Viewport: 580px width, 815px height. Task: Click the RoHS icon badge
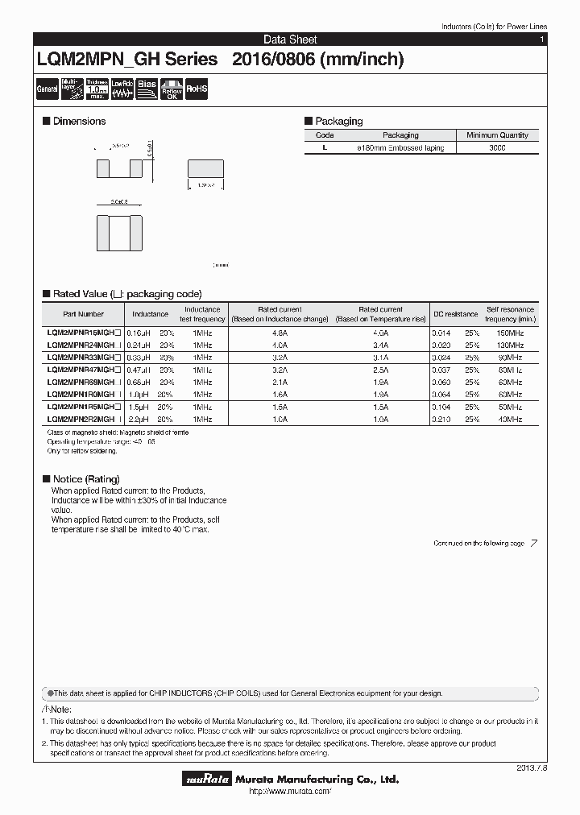(197, 89)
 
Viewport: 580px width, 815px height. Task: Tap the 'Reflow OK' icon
(172, 89)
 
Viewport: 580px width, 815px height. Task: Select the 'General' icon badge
(47, 89)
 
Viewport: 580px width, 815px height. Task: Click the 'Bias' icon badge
(147, 89)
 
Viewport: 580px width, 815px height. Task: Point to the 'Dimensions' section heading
(79, 121)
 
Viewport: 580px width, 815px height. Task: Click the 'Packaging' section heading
(338, 121)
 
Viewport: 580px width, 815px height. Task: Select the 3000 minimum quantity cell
(497, 148)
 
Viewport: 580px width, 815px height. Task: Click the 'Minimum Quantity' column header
(497, 135)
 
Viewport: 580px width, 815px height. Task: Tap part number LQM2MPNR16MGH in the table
(84, 333)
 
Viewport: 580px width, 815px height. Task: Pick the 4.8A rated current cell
(280, 333)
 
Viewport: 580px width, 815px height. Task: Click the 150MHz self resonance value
(510, 333)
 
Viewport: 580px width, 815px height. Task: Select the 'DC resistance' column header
(455, 314)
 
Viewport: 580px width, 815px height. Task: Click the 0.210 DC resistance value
(441, 420)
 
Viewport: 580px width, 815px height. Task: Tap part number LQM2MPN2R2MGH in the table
(84, 420)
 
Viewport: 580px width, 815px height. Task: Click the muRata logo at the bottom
(208, 780)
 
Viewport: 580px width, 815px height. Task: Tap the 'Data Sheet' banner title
(290, 39)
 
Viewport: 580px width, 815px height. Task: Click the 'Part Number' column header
(83, 314)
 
